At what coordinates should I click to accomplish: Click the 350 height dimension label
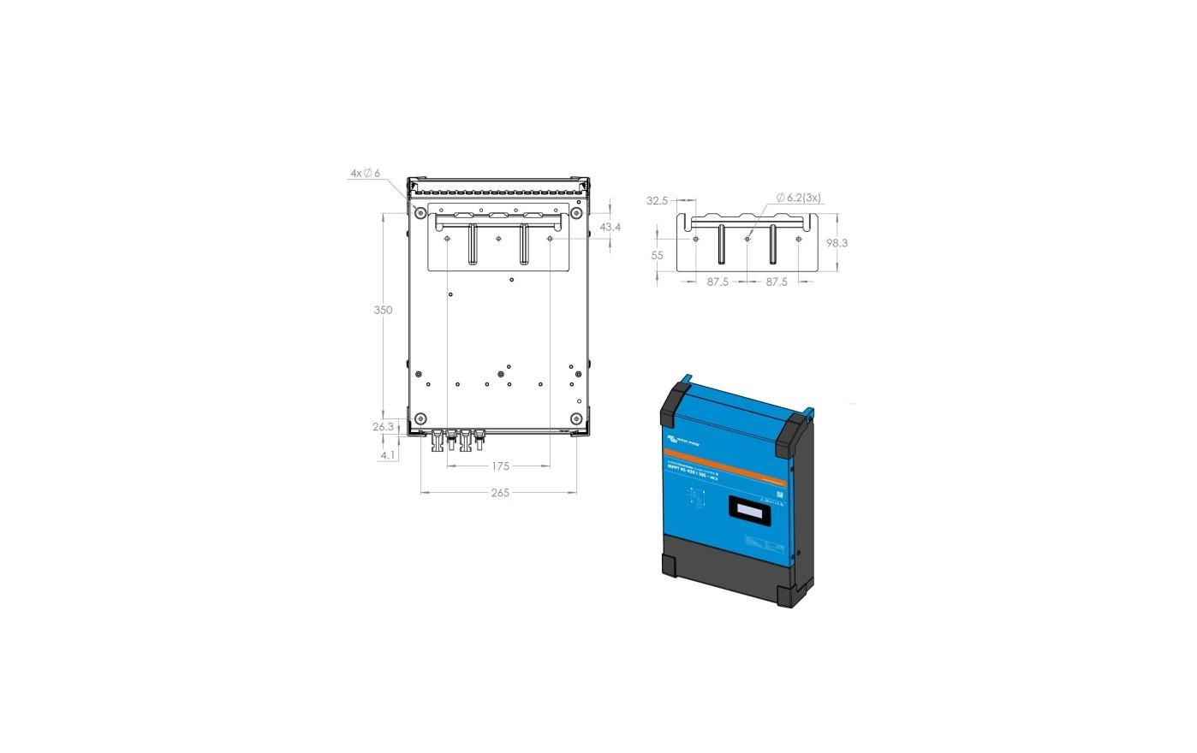coord(383,310)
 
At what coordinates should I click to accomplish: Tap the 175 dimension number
coord(500,466)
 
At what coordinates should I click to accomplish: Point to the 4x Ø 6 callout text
coord(365,173)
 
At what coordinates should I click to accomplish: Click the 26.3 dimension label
coord(383,427)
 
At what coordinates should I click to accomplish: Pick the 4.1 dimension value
coord(388,455)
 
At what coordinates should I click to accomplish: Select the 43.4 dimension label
coord(610,228)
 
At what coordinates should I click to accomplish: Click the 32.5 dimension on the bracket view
coord(657,201)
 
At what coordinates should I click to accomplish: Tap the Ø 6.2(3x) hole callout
coord(798,198)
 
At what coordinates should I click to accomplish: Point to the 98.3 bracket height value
coord(837,243)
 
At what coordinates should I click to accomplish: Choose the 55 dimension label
coord(657,255)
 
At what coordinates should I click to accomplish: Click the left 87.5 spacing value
coord(718,282)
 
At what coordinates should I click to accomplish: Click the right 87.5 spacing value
coord(777,282)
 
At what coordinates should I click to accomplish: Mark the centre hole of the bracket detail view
coord(747,239)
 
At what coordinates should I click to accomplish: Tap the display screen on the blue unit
coord(751,511)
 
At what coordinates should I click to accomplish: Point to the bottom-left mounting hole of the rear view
coord(420,418)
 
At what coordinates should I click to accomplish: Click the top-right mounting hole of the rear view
coord(577,212)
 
